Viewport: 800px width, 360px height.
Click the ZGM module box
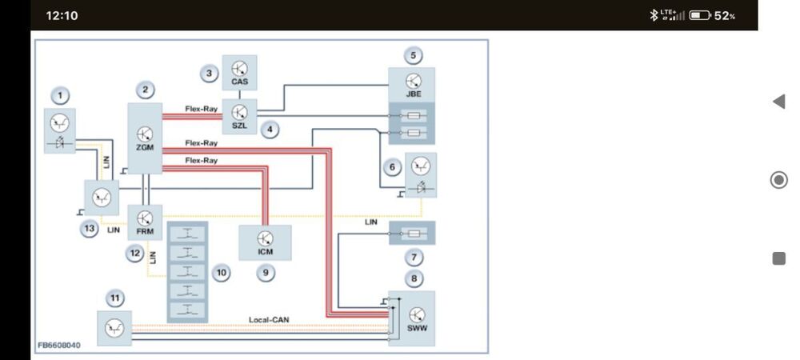pos(145,138)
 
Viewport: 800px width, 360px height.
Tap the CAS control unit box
pos(239,73)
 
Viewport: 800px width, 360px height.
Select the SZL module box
pos(239,116)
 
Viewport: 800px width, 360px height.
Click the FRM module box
pos(145,222)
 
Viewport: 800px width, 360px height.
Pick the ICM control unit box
pos(266,242)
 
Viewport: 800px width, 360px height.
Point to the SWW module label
pos(418,328)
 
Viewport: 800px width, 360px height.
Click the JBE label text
pos(414,94)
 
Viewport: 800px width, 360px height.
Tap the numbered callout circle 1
pos(60,95)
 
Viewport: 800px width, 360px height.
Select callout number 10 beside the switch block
pos(221,273)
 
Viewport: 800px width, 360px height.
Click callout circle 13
pos(90,229)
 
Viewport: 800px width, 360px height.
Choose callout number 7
pos(414,258)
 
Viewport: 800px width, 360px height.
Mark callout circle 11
pos(115,298)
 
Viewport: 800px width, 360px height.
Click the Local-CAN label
pos(269,320)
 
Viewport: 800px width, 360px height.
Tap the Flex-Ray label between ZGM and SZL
pos(201,109)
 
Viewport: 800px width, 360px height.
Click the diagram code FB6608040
pos(58,346)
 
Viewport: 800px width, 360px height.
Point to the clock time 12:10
pos(62,15)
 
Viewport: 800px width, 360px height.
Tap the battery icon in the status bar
pos(700,15)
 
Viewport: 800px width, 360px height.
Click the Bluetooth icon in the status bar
pos(654,15)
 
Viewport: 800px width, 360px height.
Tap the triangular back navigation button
pos(778,102)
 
